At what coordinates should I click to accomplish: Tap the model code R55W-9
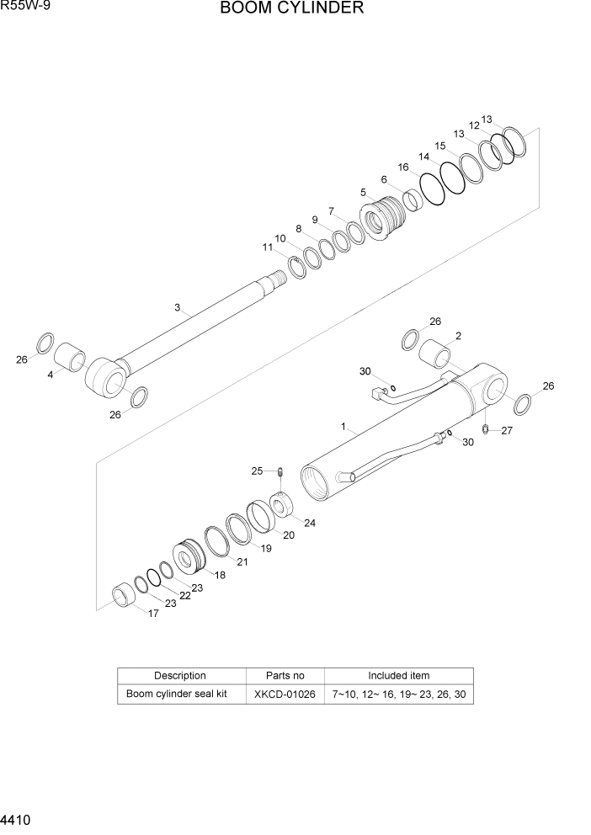(x=24, y=8)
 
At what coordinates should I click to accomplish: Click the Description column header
(x=180, y=675)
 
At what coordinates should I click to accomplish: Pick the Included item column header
(x=398, y=675)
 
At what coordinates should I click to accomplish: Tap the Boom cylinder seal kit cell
(x=177, y=694)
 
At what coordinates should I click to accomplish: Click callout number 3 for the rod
(x=178, y=308)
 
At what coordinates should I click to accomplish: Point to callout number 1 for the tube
(x=343, y=427)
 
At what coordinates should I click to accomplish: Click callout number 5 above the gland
(x=363, y=193)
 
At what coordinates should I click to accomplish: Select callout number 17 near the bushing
(x=154, y=614)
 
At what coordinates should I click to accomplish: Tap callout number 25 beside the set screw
(x=258, y=471)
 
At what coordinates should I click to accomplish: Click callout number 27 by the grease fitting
(x=507, y=430)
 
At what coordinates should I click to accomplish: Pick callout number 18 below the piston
(x=221, y=575)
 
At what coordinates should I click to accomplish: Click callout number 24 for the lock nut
(x=310, y=523)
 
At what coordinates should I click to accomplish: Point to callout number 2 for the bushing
(x=458, y=336)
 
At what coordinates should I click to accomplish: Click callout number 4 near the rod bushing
(x=50, y=375)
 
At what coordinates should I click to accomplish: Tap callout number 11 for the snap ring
(x=268, y=247)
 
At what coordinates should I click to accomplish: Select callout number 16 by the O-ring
(x=403, y=168)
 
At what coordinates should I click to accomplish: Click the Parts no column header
(x=285, y=675)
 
